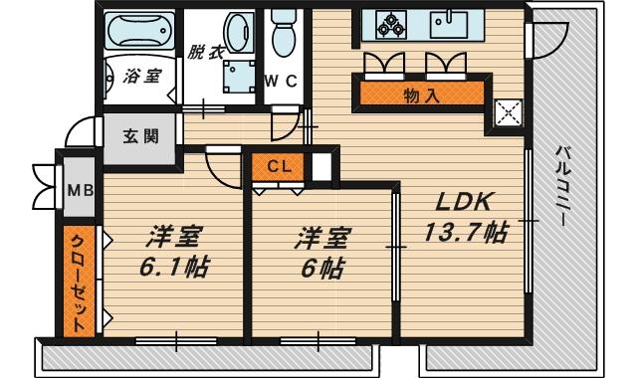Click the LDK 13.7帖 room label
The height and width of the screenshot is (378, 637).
466,217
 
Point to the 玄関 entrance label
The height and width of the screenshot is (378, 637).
140,137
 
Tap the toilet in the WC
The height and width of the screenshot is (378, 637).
284,34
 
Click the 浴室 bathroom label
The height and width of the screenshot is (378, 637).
139,77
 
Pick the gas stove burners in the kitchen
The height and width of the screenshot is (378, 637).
385,24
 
